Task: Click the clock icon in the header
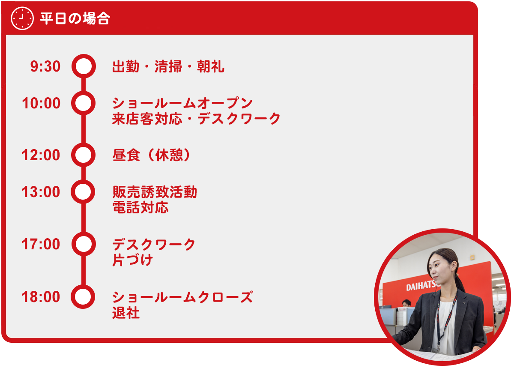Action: pos(22,18)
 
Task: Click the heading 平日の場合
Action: pos(75,18)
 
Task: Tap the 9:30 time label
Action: pos(45,66)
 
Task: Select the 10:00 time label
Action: pos(41,103)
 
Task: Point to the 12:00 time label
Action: pos(41,155)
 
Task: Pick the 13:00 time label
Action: pos(41,191)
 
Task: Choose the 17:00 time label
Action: pos(41,244)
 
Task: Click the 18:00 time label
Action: pos(41,296)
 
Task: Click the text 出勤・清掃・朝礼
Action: pos(168,66)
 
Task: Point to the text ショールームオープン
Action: pos(182,103)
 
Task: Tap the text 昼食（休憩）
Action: pos(152,155)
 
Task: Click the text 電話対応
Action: pos(140,207)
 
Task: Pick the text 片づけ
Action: pos(133,260)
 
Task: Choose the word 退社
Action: pos(126,312)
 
